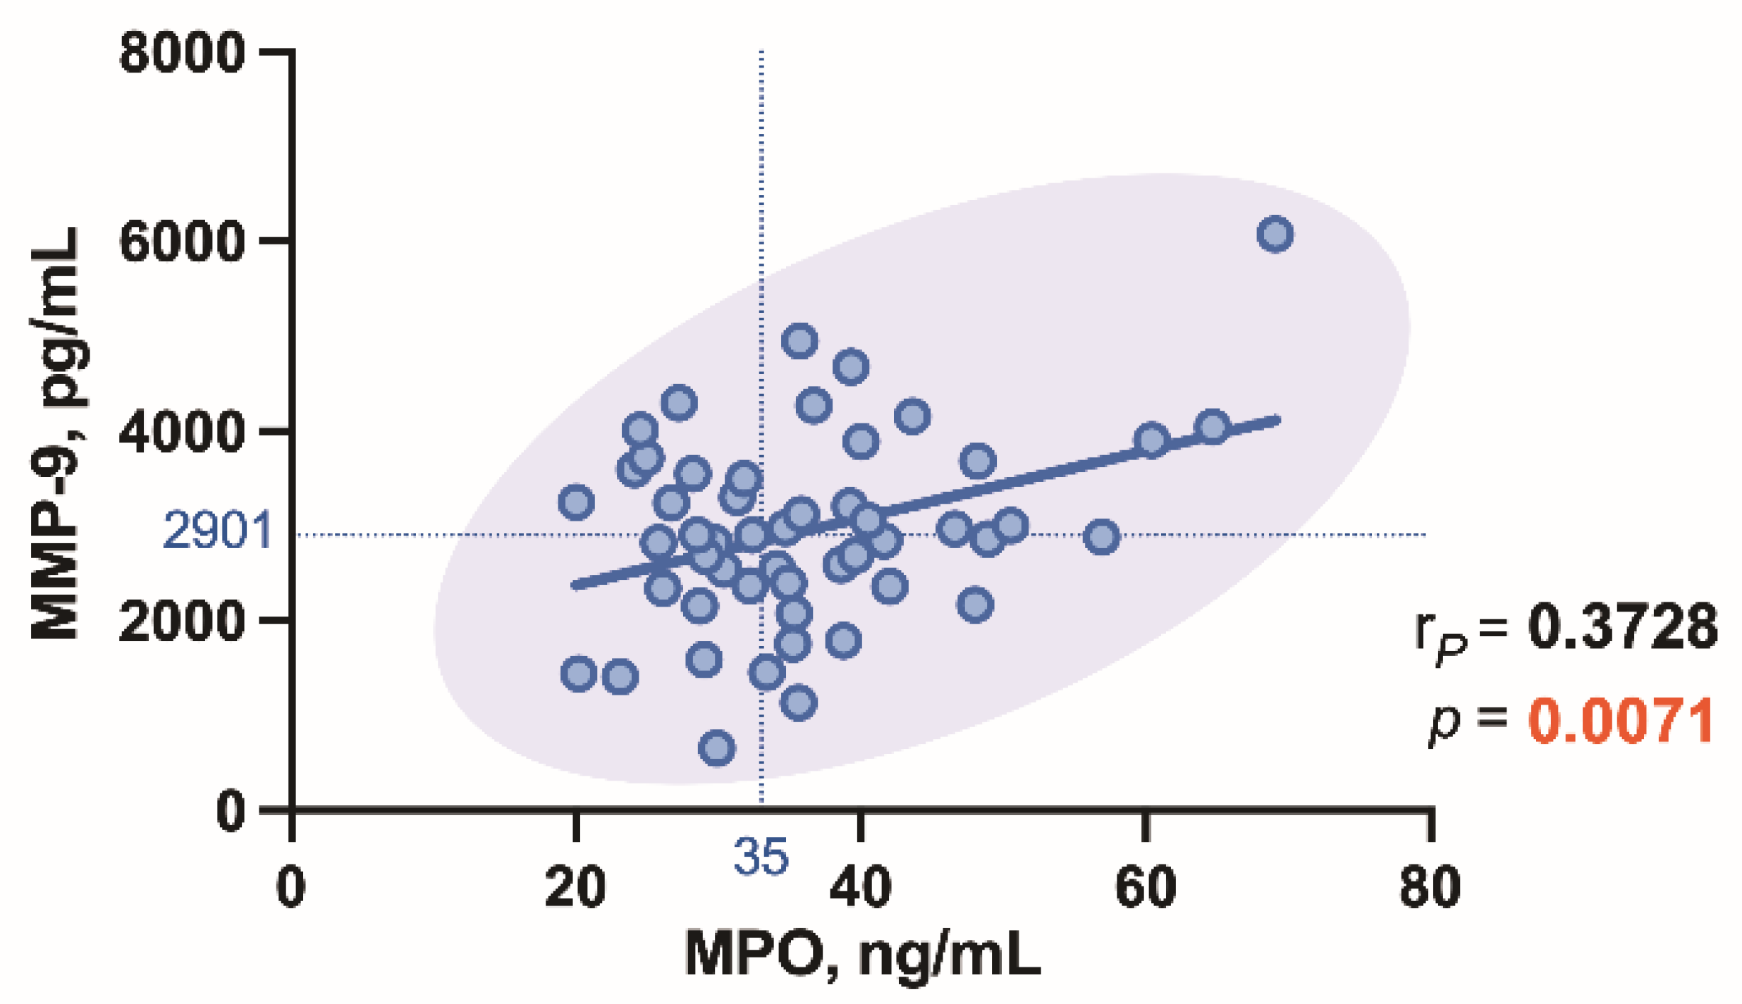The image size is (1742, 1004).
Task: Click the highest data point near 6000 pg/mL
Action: [1274, 234]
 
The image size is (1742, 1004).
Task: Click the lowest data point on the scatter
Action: [716, 748]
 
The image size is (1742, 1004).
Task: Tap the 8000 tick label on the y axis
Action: [182, 54]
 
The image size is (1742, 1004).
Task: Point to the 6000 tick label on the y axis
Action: [182, 243]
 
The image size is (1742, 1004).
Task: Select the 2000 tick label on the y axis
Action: [182, 622]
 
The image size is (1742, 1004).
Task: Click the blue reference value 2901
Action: [217, 531]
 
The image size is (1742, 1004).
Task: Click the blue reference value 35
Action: [761, 857]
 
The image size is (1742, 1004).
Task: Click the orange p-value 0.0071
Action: [1620, 721]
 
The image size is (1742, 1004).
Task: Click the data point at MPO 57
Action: [1101, 537]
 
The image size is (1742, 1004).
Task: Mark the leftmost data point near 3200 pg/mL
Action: [576, 502]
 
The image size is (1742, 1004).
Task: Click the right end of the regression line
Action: [1276, 421]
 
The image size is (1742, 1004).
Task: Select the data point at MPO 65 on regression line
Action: [1213, 426]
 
